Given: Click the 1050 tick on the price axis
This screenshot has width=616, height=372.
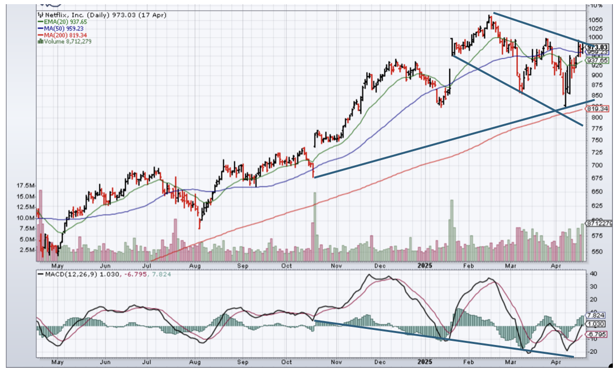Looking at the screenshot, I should click(x=595, y=20).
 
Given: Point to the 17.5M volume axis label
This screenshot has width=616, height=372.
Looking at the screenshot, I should click(x=26, y=185).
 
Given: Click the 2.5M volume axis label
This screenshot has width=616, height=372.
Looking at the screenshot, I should click(x=28, y=250).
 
